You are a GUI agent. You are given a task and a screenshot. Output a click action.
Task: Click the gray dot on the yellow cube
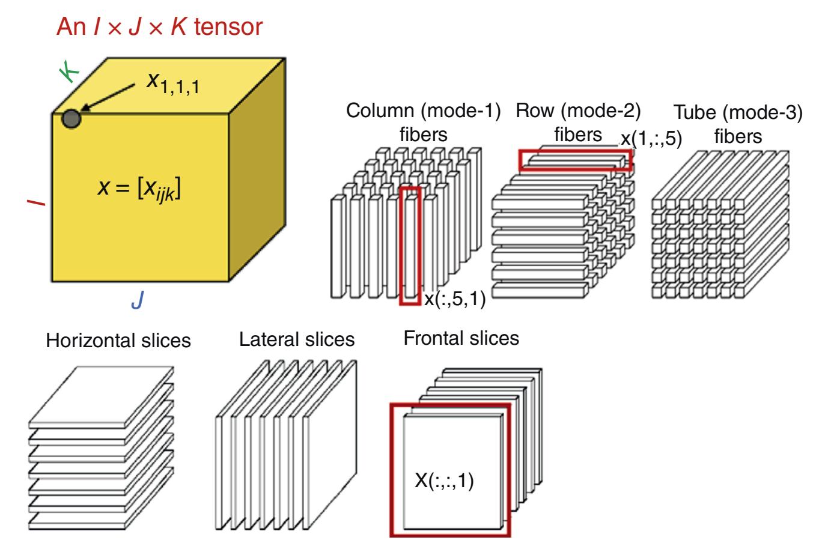(x=72, y=118)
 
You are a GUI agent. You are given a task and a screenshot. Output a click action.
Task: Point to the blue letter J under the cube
(x=138, y=300)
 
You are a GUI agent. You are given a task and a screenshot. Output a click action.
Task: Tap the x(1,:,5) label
(x=652, y=139)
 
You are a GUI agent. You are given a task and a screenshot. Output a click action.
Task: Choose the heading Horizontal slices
(x=119, y=341)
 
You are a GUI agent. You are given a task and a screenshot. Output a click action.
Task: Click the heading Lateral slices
(x=297, y=339)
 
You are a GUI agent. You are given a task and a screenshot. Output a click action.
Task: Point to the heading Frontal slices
(x=461, y=338)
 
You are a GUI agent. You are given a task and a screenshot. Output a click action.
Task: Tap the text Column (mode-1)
(x=424, y=111)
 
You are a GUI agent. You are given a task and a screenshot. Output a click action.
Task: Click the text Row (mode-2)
(x=578, y=111)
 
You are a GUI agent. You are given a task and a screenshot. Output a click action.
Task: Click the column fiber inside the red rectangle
(x=410, y=246)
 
